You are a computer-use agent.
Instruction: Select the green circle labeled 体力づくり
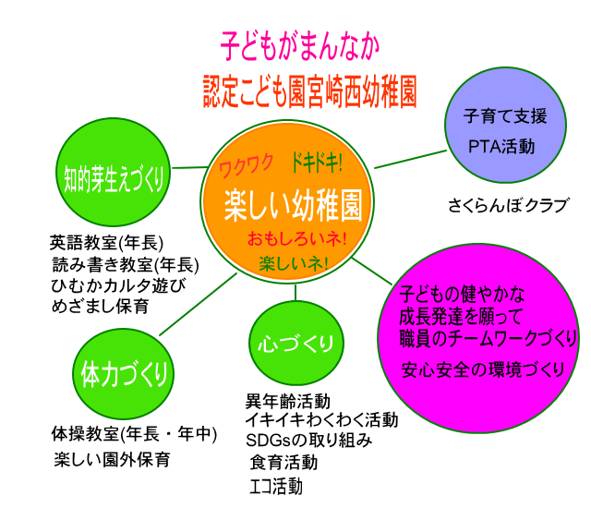(122, 375)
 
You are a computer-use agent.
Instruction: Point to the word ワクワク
(246, 166)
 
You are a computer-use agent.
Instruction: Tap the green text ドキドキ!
(317, 163)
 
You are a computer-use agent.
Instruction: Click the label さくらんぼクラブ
(507, 205)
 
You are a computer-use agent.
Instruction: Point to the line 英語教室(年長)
(106, 244)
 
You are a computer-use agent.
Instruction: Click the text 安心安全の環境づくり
(484, 370)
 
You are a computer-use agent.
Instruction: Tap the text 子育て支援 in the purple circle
(505, 117)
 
